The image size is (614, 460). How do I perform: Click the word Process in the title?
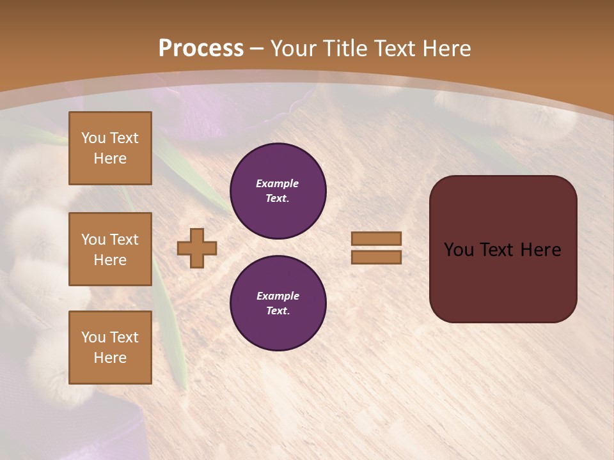[201, 49]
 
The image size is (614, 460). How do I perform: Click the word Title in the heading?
[345, 49]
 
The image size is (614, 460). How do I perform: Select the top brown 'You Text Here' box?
[110, 148]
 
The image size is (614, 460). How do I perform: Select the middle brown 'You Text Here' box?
[110, 249]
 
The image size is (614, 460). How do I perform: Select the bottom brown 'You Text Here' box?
[110, 348]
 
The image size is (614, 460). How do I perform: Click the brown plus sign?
[197, 248]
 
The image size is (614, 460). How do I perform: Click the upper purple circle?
[278, 190]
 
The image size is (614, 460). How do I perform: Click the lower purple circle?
[278, 303]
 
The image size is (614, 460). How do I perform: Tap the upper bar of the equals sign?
[377, 238]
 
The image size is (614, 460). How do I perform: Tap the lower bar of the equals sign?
[377, 257]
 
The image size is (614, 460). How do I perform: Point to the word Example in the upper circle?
[278, 183]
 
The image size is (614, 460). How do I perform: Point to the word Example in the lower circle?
[278, 296]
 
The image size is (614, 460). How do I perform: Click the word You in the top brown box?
[93, 138]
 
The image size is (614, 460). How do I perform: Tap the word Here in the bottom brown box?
[110, 358]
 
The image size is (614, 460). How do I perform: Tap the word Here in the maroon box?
[540, 250]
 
